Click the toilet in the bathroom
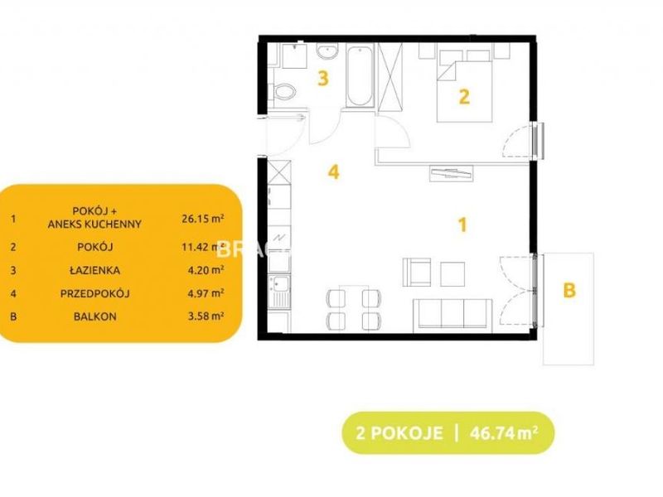click(x=283, y=92)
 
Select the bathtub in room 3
click(x=360, y=75)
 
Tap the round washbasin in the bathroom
click(x=327, y=52)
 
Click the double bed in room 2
click(x=465, y=86)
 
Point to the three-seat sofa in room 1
click(x=452, y=314)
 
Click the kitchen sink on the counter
click(x=279, y=292)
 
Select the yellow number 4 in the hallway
click(x=334, y=172)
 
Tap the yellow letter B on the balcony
click(x=569, y=291)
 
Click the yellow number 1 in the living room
click(x=463, y=225)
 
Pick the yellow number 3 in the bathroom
click(x=323, y=79)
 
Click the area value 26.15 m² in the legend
click(x=203, y=219)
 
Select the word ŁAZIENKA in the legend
click(x=94, y=271)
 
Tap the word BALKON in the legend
click(x=94, y=316)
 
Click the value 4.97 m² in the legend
click(x=206, y=292)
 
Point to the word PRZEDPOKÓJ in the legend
click(x=94, y=294)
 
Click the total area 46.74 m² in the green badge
click(x=504, y=433)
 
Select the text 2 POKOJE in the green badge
click(x=399, y=433)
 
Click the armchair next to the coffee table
click(x=417, y=273)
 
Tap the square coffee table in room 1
click(x=452, y=274)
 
